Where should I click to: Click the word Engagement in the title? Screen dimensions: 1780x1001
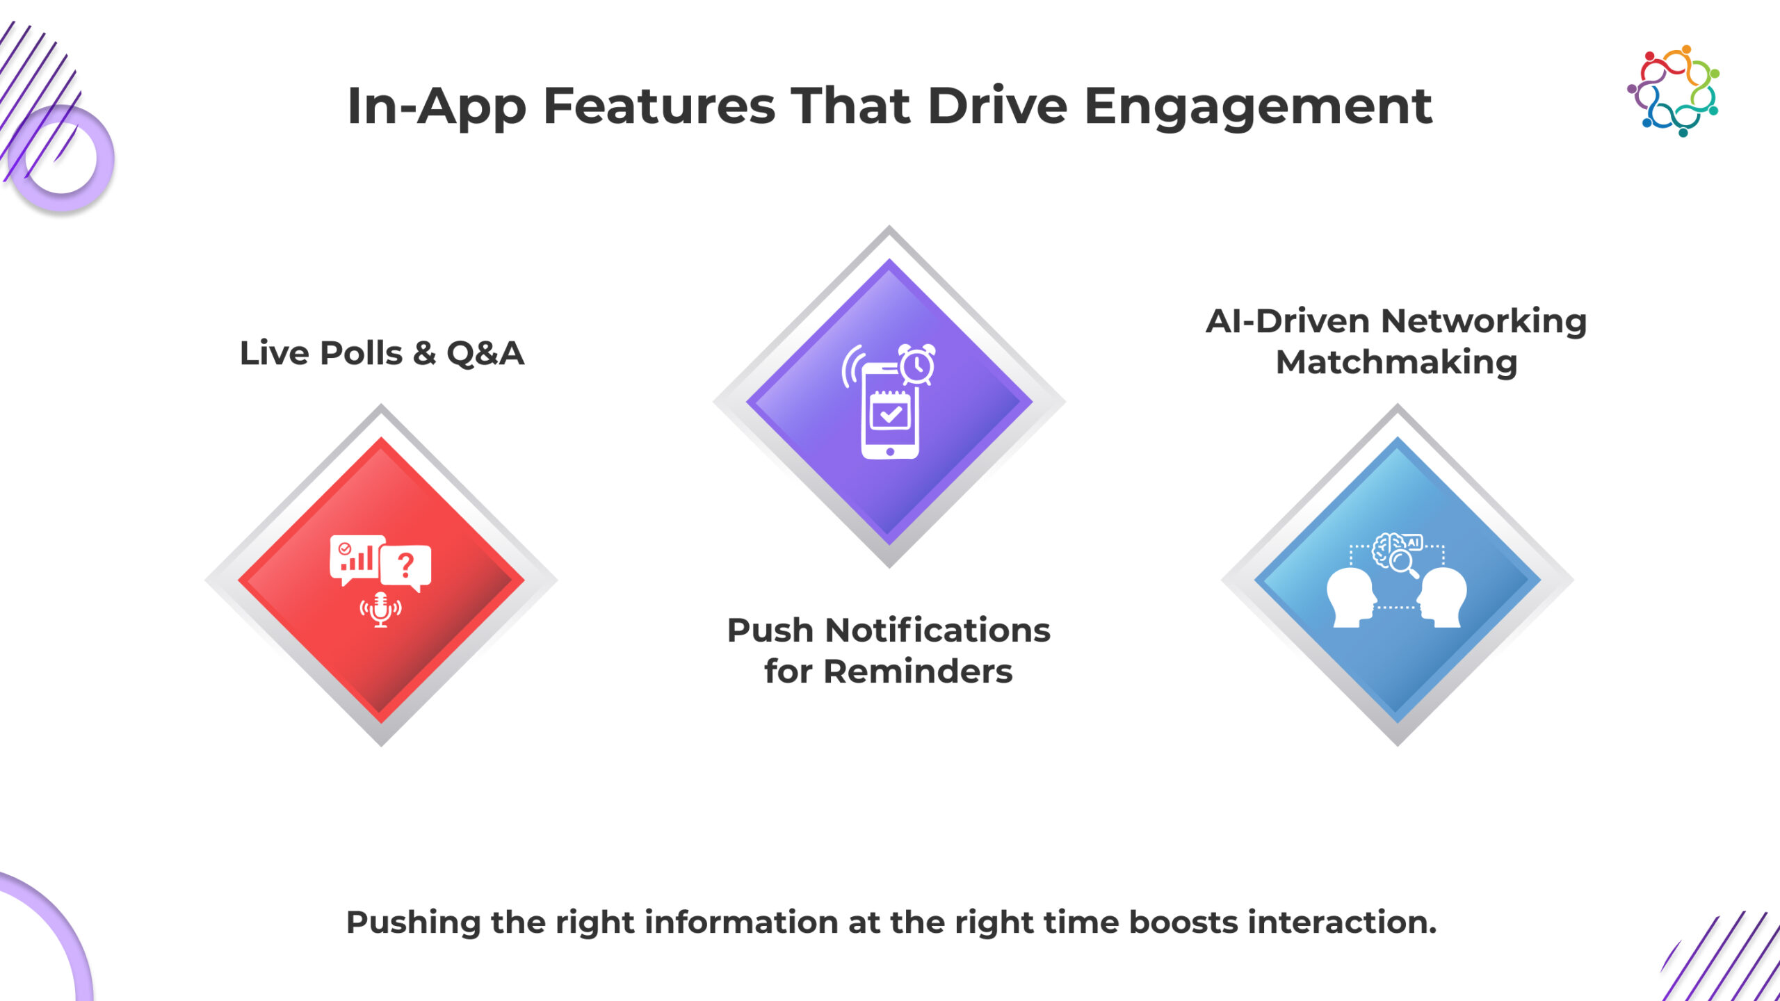click(1258, 107)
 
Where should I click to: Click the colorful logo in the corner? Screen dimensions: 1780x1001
click(1674, 90)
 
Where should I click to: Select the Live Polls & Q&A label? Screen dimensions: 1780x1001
click(382, 353)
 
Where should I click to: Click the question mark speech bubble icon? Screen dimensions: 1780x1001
click(406, 567)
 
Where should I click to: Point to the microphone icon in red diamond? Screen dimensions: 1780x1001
click(380, 610)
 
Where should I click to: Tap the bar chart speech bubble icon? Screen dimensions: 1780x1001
click(357, 559)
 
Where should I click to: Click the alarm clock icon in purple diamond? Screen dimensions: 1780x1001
click(917, 364)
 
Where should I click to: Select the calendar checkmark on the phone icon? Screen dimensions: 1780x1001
click(890, 412)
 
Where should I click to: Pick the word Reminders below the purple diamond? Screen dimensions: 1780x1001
click(918, 672)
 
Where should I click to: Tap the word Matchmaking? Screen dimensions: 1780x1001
click(1396, 362)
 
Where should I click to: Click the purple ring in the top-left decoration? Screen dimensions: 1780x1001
click(61, 158)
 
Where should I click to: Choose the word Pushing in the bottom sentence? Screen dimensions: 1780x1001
click(413, 923)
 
